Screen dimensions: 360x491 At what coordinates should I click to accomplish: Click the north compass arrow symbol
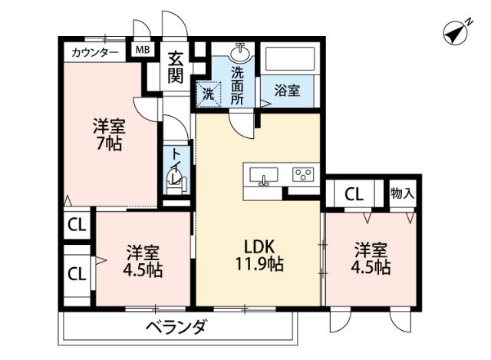pyautogui.click(x=458, y=33)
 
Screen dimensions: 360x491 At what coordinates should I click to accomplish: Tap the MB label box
pyautogui.click(x=143, y=51)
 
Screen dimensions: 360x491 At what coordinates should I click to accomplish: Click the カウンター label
pyautogui.click(x=95, y=52)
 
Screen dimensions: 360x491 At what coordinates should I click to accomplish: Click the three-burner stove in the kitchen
pyautogui.click(x=303, y=175)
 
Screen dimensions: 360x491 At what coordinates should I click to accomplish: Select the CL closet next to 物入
pyautogui.click(x=354, y=193)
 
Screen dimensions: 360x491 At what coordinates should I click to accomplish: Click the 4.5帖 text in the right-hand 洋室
pyautogui.click(x=372, y=268)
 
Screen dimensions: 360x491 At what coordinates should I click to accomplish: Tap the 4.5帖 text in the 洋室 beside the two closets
pyautogui.click(x=143, y=270)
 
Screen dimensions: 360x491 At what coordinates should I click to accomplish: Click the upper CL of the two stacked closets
pyautogui.click(x=76, y=226)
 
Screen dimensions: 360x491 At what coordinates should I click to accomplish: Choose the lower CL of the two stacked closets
pyautogui.click(x=76, y=273)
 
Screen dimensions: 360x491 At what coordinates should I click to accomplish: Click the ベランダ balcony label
pyautogui.click(x=176, y=329)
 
